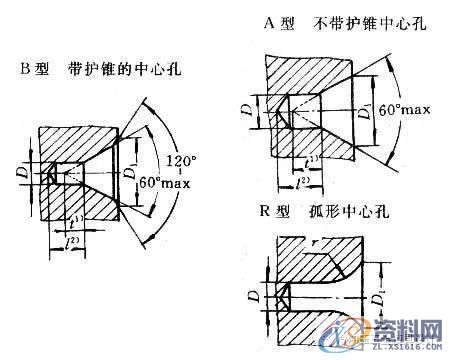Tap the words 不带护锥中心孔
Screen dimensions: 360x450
[x=369, y=22]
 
